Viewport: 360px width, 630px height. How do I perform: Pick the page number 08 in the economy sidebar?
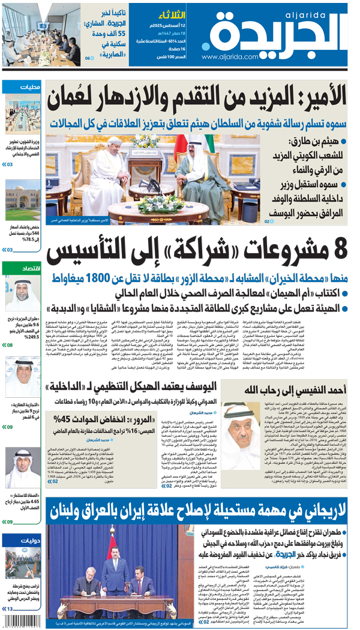click(10, 345)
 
